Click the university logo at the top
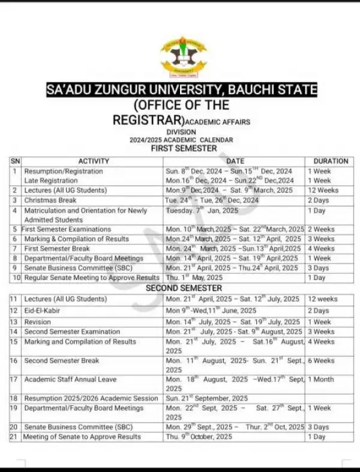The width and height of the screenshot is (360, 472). click(x=183, y=56)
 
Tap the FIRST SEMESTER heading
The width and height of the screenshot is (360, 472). click(x=183, y=148)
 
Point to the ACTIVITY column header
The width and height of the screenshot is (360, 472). click(x=94, y=161)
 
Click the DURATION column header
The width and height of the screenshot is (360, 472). click(x=330, y=161)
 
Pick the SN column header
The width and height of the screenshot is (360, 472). click(x=15, y=161)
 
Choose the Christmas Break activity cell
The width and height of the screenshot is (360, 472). click(x=50, y=200)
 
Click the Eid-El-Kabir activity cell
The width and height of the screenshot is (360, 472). click(x=43, y=310)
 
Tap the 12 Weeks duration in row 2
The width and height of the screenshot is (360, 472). click(x=323, y=190)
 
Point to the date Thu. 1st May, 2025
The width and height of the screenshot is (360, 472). click(x=194, y=277)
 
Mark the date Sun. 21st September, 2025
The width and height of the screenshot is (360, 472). click(x=206, y=398)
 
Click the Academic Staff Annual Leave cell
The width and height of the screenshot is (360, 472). click(x=70, y=380)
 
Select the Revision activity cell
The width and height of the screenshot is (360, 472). click(x=39, y=322)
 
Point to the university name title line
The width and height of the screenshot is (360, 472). click(x=182, y=91)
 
